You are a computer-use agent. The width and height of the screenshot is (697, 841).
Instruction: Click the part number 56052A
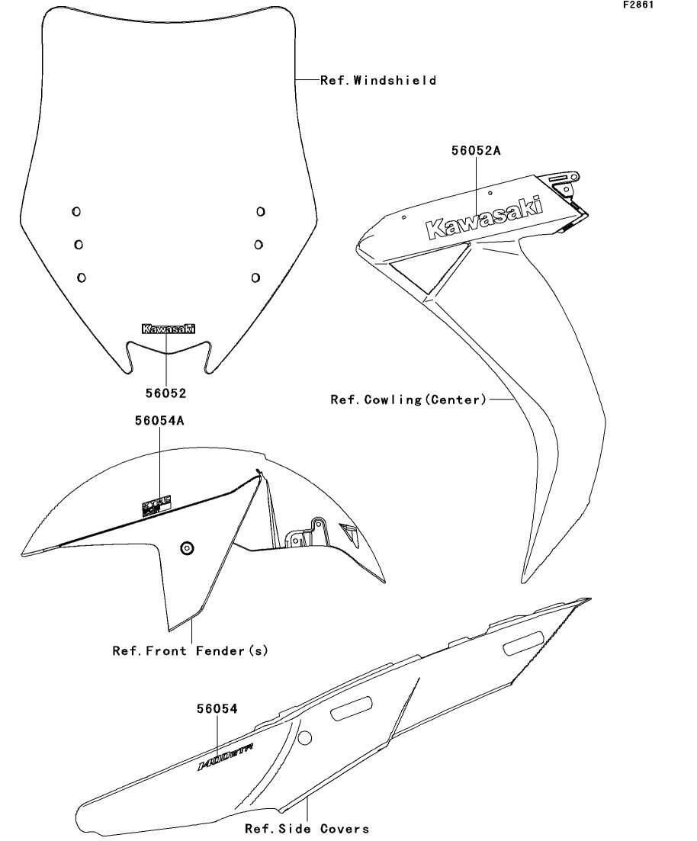click(x=475, y=151)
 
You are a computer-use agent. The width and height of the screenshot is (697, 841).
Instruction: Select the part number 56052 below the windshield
click(x=166, y=393)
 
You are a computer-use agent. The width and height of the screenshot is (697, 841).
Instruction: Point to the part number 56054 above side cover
click(x=217, y=709)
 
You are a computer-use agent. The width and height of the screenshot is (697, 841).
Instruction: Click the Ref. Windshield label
click(x=378, y=80)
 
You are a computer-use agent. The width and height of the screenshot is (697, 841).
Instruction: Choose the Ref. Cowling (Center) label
click(x=408, y=399)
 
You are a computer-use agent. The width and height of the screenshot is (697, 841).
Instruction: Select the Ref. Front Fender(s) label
click(x=191, y=651)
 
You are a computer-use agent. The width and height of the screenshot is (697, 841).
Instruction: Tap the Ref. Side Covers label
click(x=307, y=829)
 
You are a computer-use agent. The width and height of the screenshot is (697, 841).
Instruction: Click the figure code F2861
click(x=639, y=5)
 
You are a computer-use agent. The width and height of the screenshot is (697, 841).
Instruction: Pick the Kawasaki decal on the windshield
click(x=169, y=329)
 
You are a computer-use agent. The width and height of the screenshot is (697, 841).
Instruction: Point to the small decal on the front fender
click(x=158, y=505)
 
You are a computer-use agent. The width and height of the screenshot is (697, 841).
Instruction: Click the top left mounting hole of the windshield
click(x=76, y=211)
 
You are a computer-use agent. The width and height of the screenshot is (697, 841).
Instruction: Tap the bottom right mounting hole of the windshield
click(x=255, y=277)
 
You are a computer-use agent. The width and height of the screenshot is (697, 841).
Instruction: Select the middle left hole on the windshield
click(x=79, y=244)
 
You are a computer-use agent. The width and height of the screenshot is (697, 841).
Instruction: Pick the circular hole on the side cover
click(x=304, y=737)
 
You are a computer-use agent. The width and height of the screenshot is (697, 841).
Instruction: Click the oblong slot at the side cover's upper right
click(x=524, y=644)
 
